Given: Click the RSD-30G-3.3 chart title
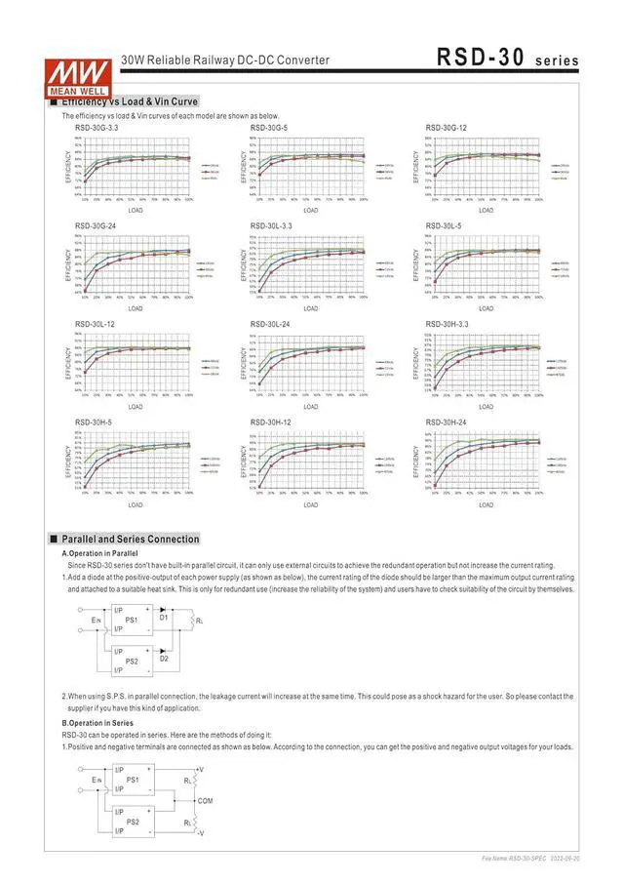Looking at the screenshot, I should pos(97,128).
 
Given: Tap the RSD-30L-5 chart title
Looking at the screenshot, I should pos(444,225).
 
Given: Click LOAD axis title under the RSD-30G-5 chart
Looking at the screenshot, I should pos(310,210).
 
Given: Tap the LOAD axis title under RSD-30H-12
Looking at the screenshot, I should pos(310,504).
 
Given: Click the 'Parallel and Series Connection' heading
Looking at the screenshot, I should pos(130,539).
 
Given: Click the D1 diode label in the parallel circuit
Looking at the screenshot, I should pos(164,617).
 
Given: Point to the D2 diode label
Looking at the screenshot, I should pos(164,659).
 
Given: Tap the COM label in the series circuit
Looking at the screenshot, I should pos(205,800).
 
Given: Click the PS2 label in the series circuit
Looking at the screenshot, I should pos(133,821).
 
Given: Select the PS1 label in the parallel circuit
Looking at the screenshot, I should pos(133,620).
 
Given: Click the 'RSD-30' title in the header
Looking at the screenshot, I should pos(481,59).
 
